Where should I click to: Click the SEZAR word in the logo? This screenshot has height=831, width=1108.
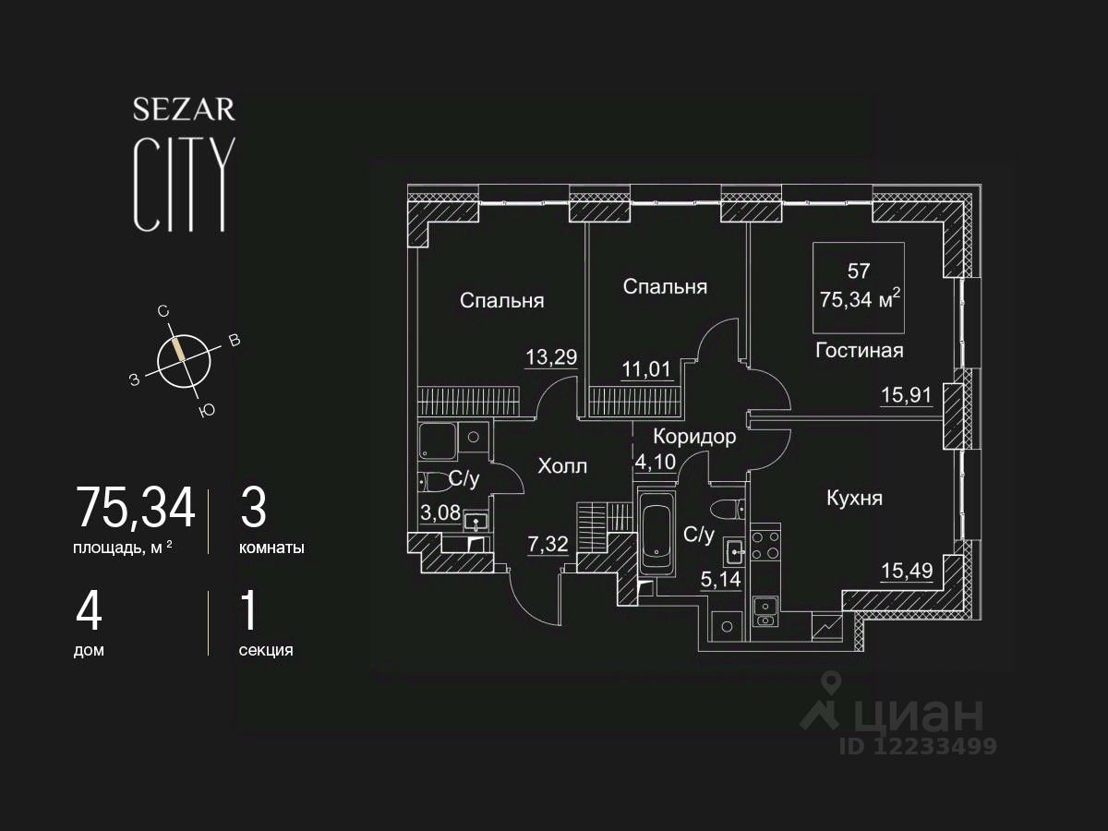point(184,110)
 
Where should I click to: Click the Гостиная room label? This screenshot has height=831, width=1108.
point(859,350)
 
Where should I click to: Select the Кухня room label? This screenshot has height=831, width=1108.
point(854,499)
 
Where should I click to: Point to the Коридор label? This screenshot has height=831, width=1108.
point(694,437)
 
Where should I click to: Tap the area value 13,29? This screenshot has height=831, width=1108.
point(551,357)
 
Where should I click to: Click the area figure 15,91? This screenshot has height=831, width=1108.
point(906,396)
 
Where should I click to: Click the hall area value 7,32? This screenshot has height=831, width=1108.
point(547,544)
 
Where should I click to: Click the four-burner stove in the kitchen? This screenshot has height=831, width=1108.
point(765,544)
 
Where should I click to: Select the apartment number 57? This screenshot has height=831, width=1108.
point(858,271)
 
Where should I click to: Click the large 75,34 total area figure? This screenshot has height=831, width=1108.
point(136,508)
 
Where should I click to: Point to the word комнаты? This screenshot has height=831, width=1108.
point(271,548)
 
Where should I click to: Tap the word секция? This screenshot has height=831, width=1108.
point(266,650)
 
